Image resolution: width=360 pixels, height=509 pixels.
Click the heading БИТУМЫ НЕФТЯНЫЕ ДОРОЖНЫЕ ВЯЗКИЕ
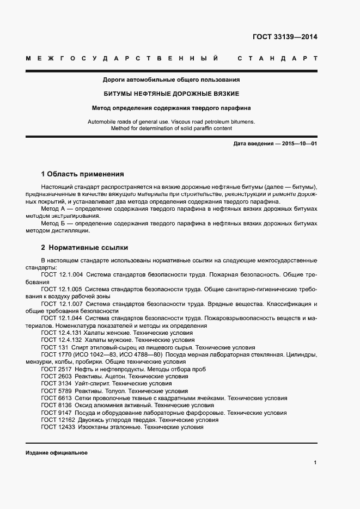[172, 94]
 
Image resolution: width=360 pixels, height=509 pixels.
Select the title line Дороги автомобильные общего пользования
[172, 80]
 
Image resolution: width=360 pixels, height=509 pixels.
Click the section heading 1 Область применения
[83, 174]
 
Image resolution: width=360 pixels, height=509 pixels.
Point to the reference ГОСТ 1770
[54, 354]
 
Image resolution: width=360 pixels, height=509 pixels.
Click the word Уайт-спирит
[92, 384]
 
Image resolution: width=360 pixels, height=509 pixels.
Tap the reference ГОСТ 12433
[56, 427]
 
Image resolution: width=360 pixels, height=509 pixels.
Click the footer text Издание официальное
[56, 453]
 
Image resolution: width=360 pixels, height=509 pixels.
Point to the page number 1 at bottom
[315, 463]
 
